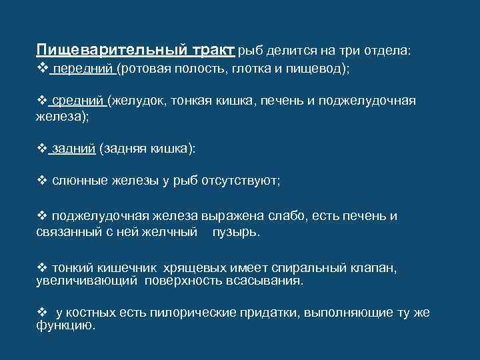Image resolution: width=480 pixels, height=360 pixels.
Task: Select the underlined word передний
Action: click(x=83, y=69)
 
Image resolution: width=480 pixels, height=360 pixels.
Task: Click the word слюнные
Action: click(x=77, y=181)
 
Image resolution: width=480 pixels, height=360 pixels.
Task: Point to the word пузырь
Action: click(x=235, y=233)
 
